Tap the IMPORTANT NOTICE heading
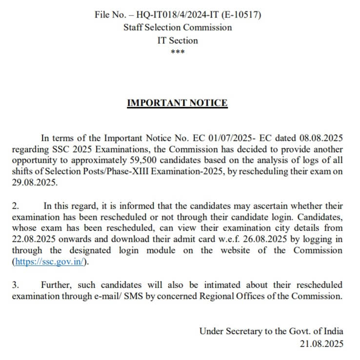pyautogui.click(x=177, y=103)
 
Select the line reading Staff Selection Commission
pyautogui.click(x=178, y=27)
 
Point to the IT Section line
pyautogui.click(x=178, y=40)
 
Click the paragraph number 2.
pyautogui.click(x=16, y=206)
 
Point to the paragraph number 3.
pyautogui.click(x=16, y=284)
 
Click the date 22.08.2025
pyautogui.click(x=34, y=239)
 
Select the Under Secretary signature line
pyautogui.click(x=271, y=331)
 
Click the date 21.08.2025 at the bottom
pyautogui.click(x=321, y=343)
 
